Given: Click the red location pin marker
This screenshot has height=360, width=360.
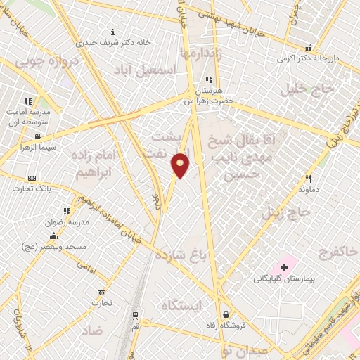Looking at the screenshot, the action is click(x=181, y=165).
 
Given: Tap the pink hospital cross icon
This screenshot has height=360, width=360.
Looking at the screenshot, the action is click(x=284, y=267).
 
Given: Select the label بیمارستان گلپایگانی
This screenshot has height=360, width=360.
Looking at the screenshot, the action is click(x=284, y=279).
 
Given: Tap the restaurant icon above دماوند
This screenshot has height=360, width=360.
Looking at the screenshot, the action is click(x=307, y=179).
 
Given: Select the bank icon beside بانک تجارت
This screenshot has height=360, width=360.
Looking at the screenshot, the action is click(x=31, y=179).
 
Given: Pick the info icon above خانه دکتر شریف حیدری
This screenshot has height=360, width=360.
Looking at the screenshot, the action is click(x=114, y=32).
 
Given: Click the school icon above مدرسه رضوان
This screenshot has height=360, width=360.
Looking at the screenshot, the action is click(x=67, y=210).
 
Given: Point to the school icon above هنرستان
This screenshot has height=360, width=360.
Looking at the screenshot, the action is click(x=207, y=80).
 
